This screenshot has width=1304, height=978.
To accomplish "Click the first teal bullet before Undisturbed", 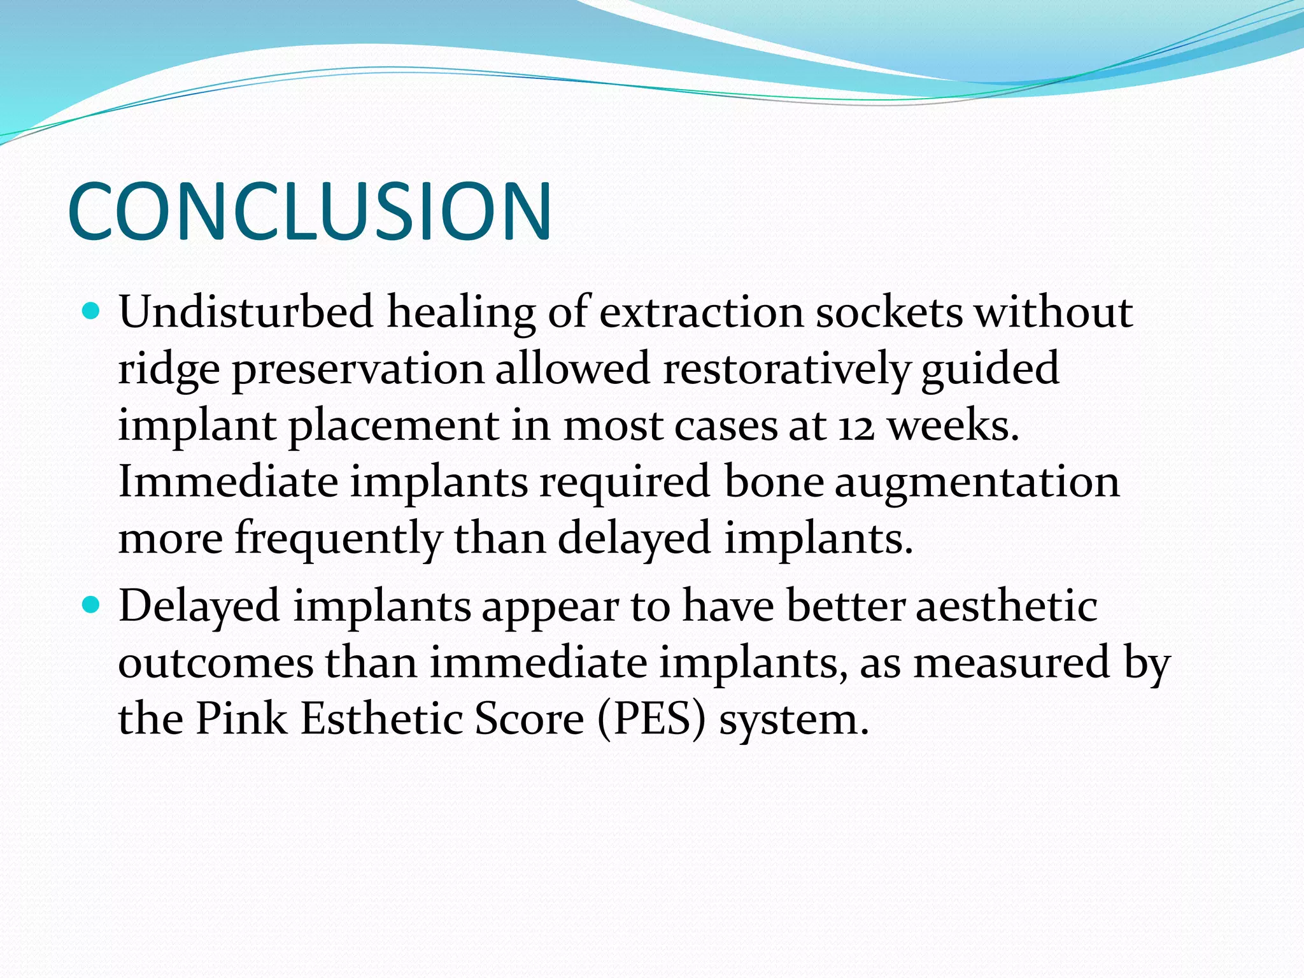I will pyautogui.click(x=92, y=311).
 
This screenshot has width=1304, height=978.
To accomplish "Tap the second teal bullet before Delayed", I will pyautogui.click(x=92, y=604).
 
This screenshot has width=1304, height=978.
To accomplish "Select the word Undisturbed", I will pyautogui.click(x=246, y=312).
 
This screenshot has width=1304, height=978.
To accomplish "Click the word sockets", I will pyautogui.click(x=889, y=312).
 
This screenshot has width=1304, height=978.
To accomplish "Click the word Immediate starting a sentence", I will pyautogui.click(x=228, y=482).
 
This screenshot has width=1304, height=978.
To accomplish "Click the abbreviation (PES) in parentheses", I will pyautogui.click(x=652, y=719).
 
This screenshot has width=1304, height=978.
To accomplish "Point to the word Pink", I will pyautogui.click(x=241, y=719).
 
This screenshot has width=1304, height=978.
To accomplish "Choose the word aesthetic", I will pyautogui.click(x=1007, y=606).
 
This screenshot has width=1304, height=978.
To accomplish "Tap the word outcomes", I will pyautogui.click(x=216, y=663).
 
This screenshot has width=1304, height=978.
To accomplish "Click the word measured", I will pyautogui.click(x=1012, y=663).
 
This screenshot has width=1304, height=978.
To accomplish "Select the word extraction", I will pyautogui.click(x=702, y=312).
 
